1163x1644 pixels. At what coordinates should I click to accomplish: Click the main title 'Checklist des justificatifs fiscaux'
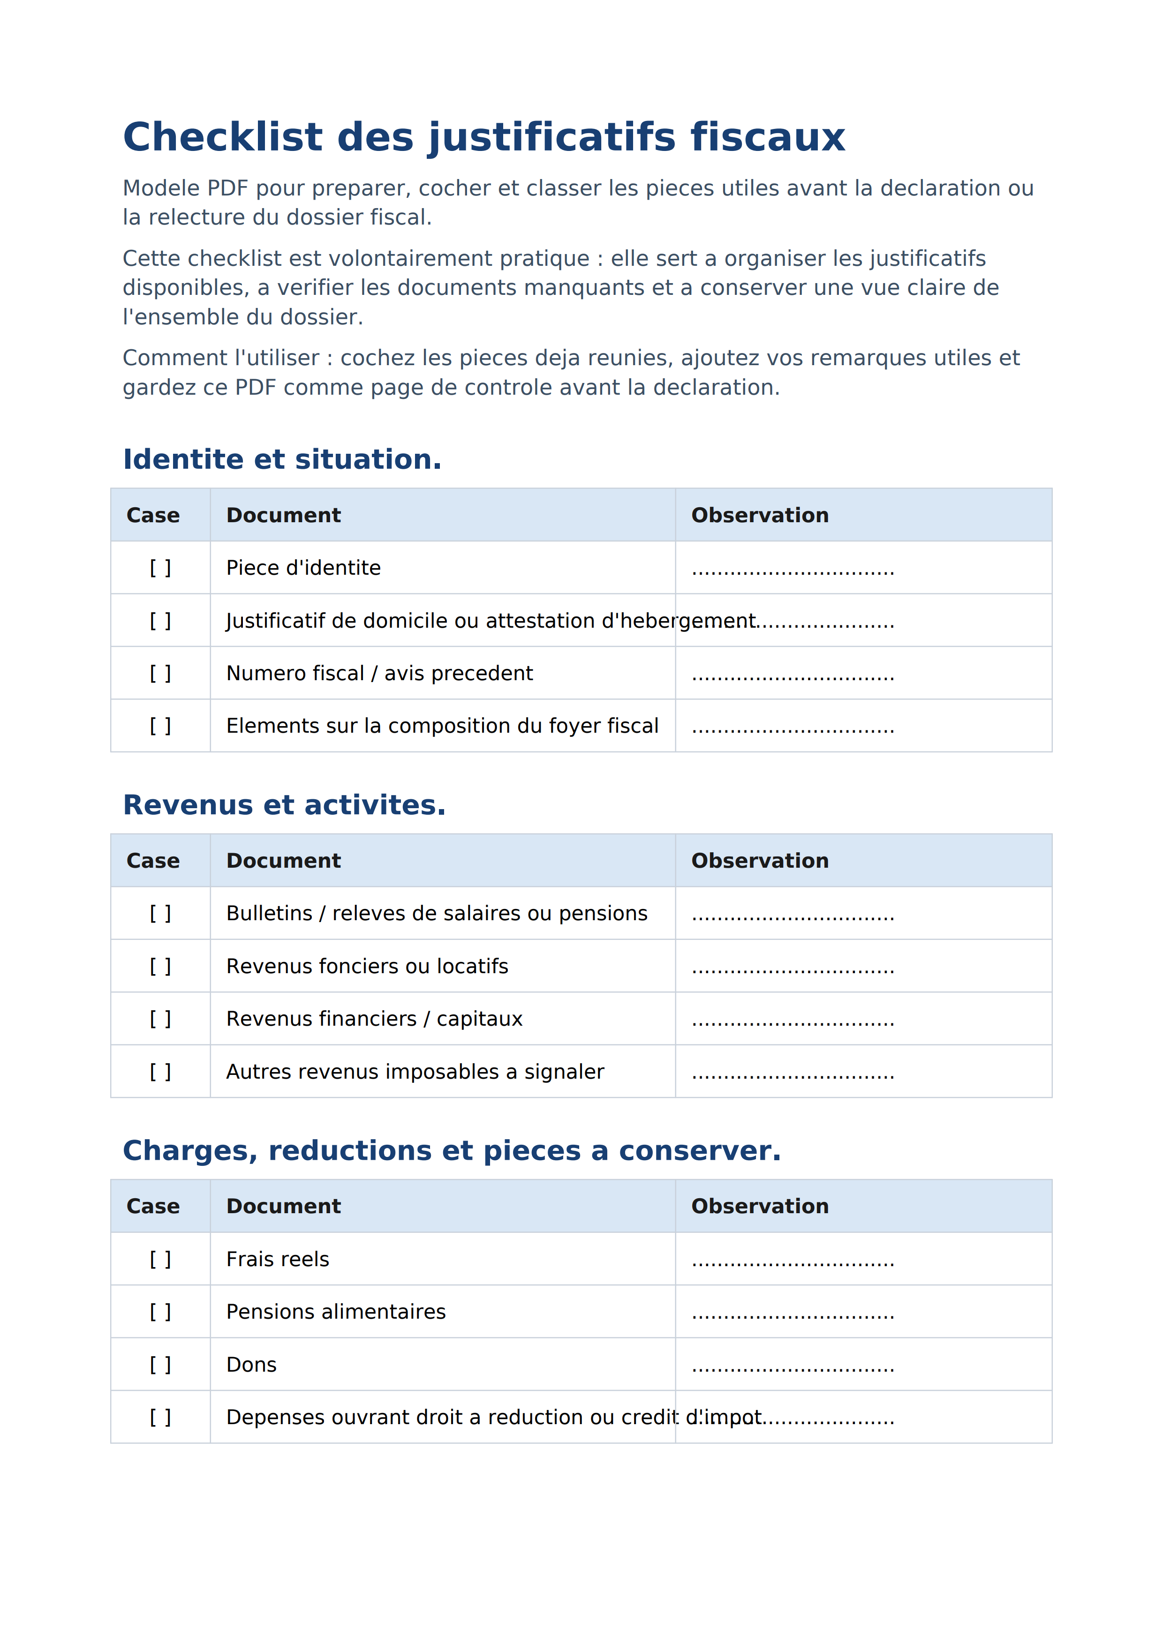[483, 137]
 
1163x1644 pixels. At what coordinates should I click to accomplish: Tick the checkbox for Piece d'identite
[160, 568]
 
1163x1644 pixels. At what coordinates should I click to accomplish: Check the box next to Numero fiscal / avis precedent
[160, 673]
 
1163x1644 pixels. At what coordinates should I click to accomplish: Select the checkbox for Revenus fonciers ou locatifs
[160, 966]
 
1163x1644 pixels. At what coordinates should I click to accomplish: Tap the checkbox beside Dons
[160, 1365]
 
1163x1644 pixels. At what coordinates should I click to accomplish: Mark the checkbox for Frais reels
[160, 1260]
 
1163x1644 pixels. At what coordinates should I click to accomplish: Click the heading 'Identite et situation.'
[282, 459]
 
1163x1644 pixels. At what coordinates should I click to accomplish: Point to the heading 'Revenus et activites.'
[284, 805]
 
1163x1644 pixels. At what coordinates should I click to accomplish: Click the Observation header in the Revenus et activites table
[760, 861]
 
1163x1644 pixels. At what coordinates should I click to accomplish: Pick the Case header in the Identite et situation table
[153, 516]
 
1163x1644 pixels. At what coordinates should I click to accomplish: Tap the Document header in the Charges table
[284, 1207]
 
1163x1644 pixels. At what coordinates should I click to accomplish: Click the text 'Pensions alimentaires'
[336, 1312]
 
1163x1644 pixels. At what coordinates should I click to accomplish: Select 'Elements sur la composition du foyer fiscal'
[442, 726]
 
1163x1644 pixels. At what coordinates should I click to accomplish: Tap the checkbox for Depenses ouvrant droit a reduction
[160, 1417]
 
